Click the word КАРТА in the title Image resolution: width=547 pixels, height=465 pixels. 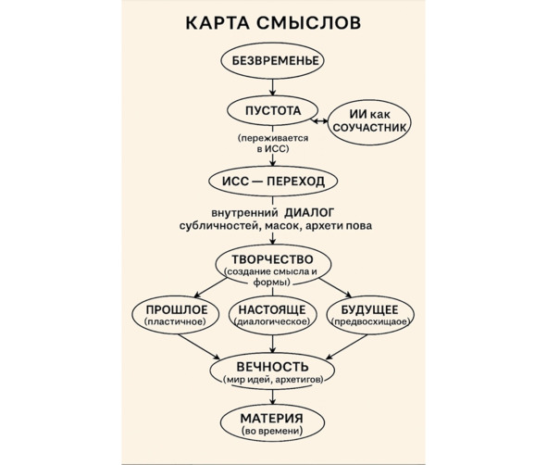(218, 22)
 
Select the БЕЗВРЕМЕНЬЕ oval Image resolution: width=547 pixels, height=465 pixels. (272, 61)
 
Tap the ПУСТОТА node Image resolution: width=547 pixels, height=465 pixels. (272, 110)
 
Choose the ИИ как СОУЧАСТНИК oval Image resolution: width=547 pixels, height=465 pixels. (370, 122)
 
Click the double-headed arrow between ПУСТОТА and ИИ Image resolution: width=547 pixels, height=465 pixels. (320, 121)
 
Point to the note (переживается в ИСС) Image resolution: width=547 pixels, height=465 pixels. (273, 144)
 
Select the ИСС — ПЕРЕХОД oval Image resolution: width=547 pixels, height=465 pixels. (273, 182)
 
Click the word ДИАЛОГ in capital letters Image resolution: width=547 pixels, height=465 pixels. (309, 212)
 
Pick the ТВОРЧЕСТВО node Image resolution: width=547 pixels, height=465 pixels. (273, 266)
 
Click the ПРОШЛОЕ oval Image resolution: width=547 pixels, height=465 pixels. (176, 315)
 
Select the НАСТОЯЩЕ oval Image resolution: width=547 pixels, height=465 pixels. (273, 315)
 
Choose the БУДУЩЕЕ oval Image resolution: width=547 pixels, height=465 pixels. (370, 315)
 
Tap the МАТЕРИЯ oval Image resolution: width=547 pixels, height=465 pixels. (272, 423)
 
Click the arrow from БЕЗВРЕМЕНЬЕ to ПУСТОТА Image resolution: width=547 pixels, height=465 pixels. (272, 87)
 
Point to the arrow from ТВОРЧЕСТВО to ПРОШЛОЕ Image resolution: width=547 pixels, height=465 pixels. (210, 288)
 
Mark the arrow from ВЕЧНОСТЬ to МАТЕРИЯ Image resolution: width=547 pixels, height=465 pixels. (272, 397)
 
